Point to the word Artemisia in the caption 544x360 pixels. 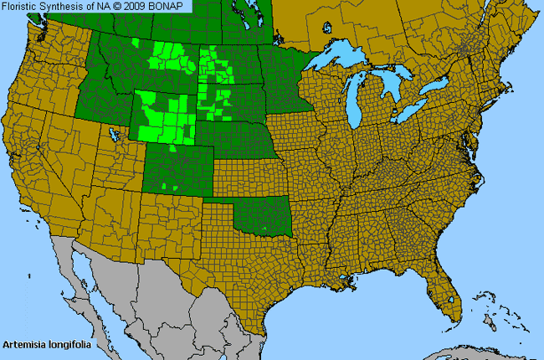(x=24, y=343)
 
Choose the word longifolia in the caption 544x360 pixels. (x=69, y=343)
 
